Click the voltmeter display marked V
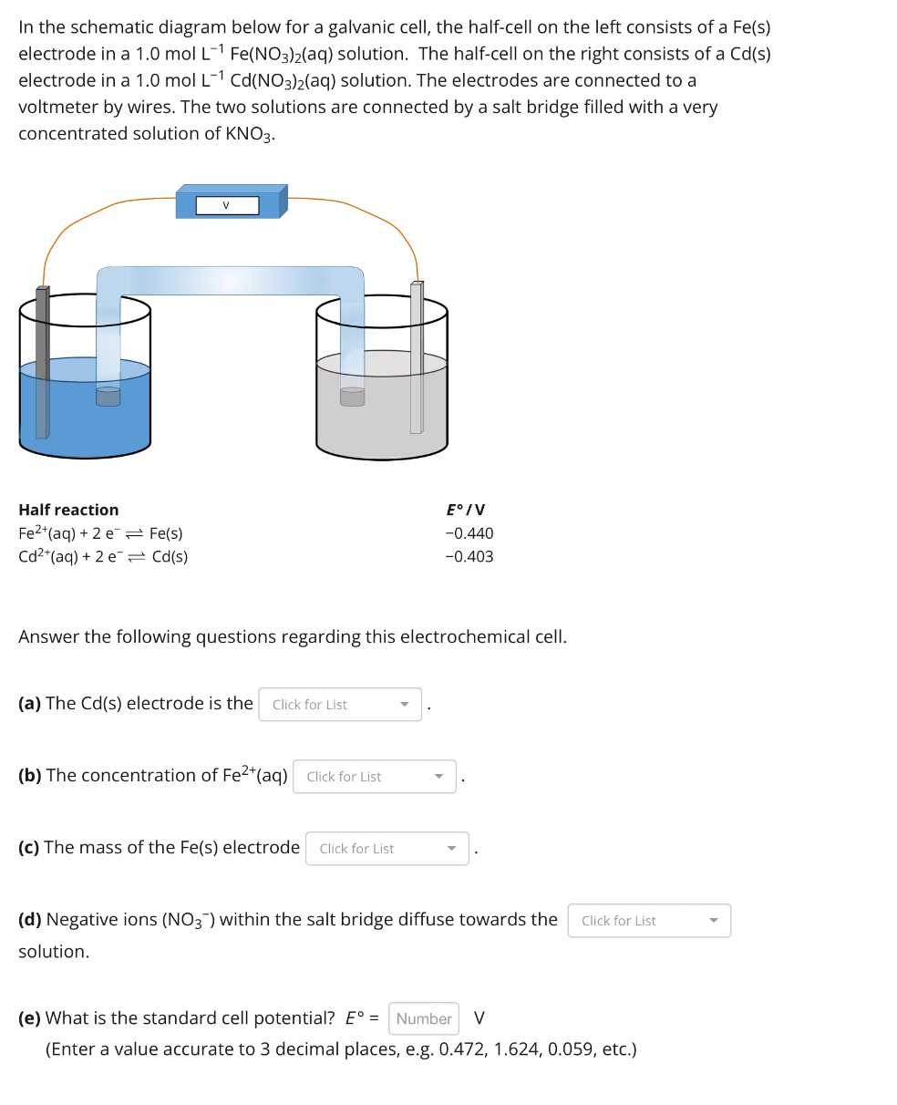[x=227, y=205]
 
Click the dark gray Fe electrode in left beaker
[x=42, y=365]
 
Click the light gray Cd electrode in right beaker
[x=417, y=360]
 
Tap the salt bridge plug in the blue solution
[x=108, y=396]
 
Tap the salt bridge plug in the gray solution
[x=352, y=396]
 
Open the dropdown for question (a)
[x=340, y=705]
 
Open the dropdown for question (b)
[x=375, y=777]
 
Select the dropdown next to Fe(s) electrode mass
[x=387, y=849]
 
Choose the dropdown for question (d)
[x=649, y=921]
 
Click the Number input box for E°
[x=424, y=1018]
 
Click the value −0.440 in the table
[x=469, y=533]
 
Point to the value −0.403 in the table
[x=469, y=556]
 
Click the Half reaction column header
[x=68, y=510]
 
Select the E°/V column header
[x=466, y=510]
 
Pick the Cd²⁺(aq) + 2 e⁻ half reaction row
[x=103, y=556]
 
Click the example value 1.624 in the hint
[x=517, y=1049]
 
